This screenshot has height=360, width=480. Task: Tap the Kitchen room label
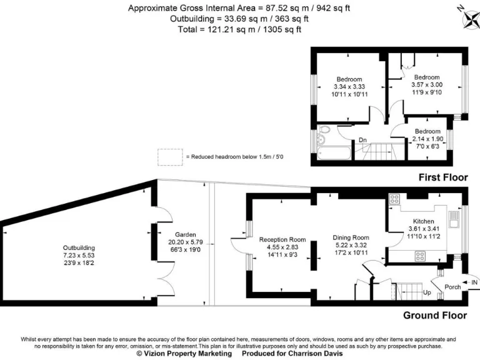click(423, 222)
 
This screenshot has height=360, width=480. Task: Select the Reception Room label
click(282, 239)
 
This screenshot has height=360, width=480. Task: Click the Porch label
click(452, 287)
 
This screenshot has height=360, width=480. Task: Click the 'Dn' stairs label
click(362, 140)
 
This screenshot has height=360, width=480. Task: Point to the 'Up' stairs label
click(427, 292)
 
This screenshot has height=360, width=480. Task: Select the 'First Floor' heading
click(442, 177)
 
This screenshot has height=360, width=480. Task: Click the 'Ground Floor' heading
click(434, 315)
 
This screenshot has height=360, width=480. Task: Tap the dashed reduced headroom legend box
click(168, 157)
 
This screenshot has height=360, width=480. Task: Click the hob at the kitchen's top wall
click(395, 199)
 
